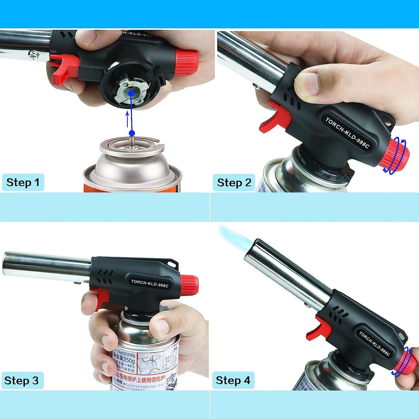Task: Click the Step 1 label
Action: (x=23, y=182)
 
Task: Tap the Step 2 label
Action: (x=234, y=183)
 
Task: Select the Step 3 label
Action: (x=22, y=380)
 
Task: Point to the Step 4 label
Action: (x=233, y=380)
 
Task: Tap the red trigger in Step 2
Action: (x=275, y=119)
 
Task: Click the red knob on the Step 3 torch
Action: (x=190, y=284)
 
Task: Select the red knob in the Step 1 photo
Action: (x=186, y=62)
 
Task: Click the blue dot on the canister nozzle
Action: (x=132, y=133)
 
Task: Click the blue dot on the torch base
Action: (x=131, y=93)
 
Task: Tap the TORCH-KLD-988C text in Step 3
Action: (x=150, y=283)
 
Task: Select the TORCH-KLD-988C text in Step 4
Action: (x=374, y=343)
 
